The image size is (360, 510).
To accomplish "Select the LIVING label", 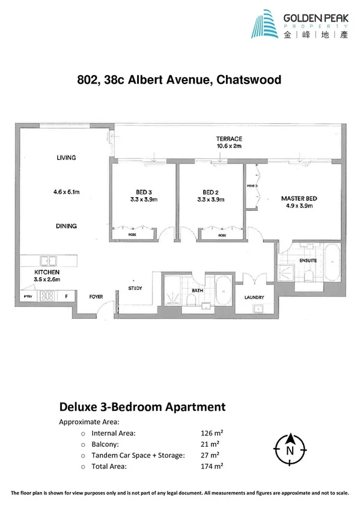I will [66, 158].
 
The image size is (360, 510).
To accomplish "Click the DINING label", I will [66, 226].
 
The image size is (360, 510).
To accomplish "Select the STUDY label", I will [135, 289].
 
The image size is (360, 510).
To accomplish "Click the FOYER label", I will [97, 296].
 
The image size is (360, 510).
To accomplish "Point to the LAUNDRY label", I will [255, 298].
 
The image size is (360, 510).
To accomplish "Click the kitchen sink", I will [47, 261].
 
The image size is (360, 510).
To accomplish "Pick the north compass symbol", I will [290, 447].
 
